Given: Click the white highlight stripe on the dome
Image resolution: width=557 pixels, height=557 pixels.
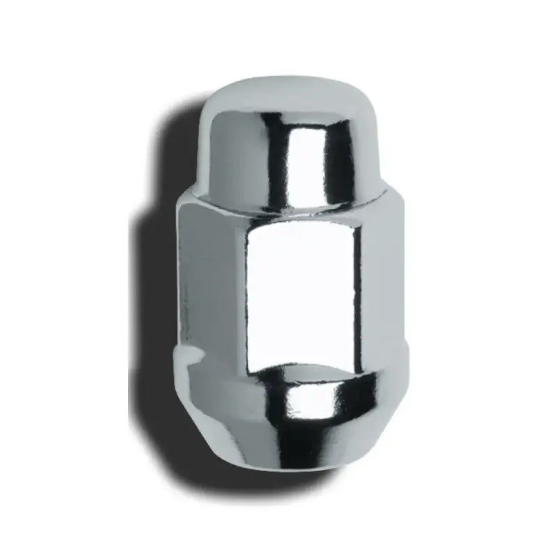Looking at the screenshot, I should (301, 160).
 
